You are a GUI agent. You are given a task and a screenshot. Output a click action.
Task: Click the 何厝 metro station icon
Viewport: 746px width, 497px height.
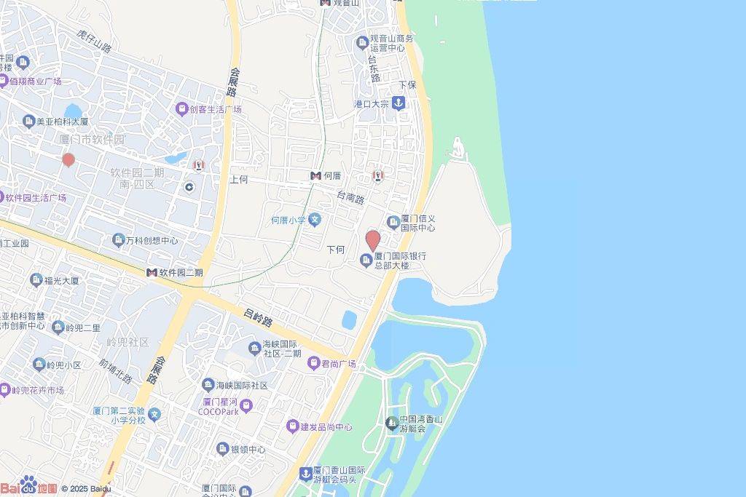315,176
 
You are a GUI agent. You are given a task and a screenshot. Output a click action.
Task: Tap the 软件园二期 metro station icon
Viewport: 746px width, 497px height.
152,272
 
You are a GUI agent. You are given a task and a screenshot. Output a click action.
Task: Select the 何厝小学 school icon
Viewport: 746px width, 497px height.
315,219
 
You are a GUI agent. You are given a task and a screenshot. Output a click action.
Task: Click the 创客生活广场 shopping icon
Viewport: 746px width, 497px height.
181,109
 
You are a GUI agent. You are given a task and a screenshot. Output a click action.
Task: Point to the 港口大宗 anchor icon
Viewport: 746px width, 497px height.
398,103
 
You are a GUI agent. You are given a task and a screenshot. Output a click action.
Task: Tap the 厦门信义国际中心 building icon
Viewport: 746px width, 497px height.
393,221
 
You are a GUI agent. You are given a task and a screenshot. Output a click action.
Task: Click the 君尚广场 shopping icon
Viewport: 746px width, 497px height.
313,363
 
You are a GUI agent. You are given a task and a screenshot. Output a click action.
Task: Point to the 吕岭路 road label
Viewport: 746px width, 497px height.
258,318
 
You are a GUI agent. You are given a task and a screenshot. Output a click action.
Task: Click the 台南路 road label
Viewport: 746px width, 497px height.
350,197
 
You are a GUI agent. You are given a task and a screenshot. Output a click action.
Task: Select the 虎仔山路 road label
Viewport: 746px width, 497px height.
95,41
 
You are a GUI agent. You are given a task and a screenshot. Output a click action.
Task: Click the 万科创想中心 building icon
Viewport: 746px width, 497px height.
118,240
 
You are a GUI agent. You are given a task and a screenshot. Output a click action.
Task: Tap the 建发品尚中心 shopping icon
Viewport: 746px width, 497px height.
292,426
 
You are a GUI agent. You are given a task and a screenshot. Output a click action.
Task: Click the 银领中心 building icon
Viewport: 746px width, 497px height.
222,449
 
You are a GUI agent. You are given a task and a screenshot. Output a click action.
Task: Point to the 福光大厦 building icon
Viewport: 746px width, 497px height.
36,279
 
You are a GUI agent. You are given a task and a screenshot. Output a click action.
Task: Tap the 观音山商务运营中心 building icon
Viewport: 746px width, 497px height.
362,43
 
